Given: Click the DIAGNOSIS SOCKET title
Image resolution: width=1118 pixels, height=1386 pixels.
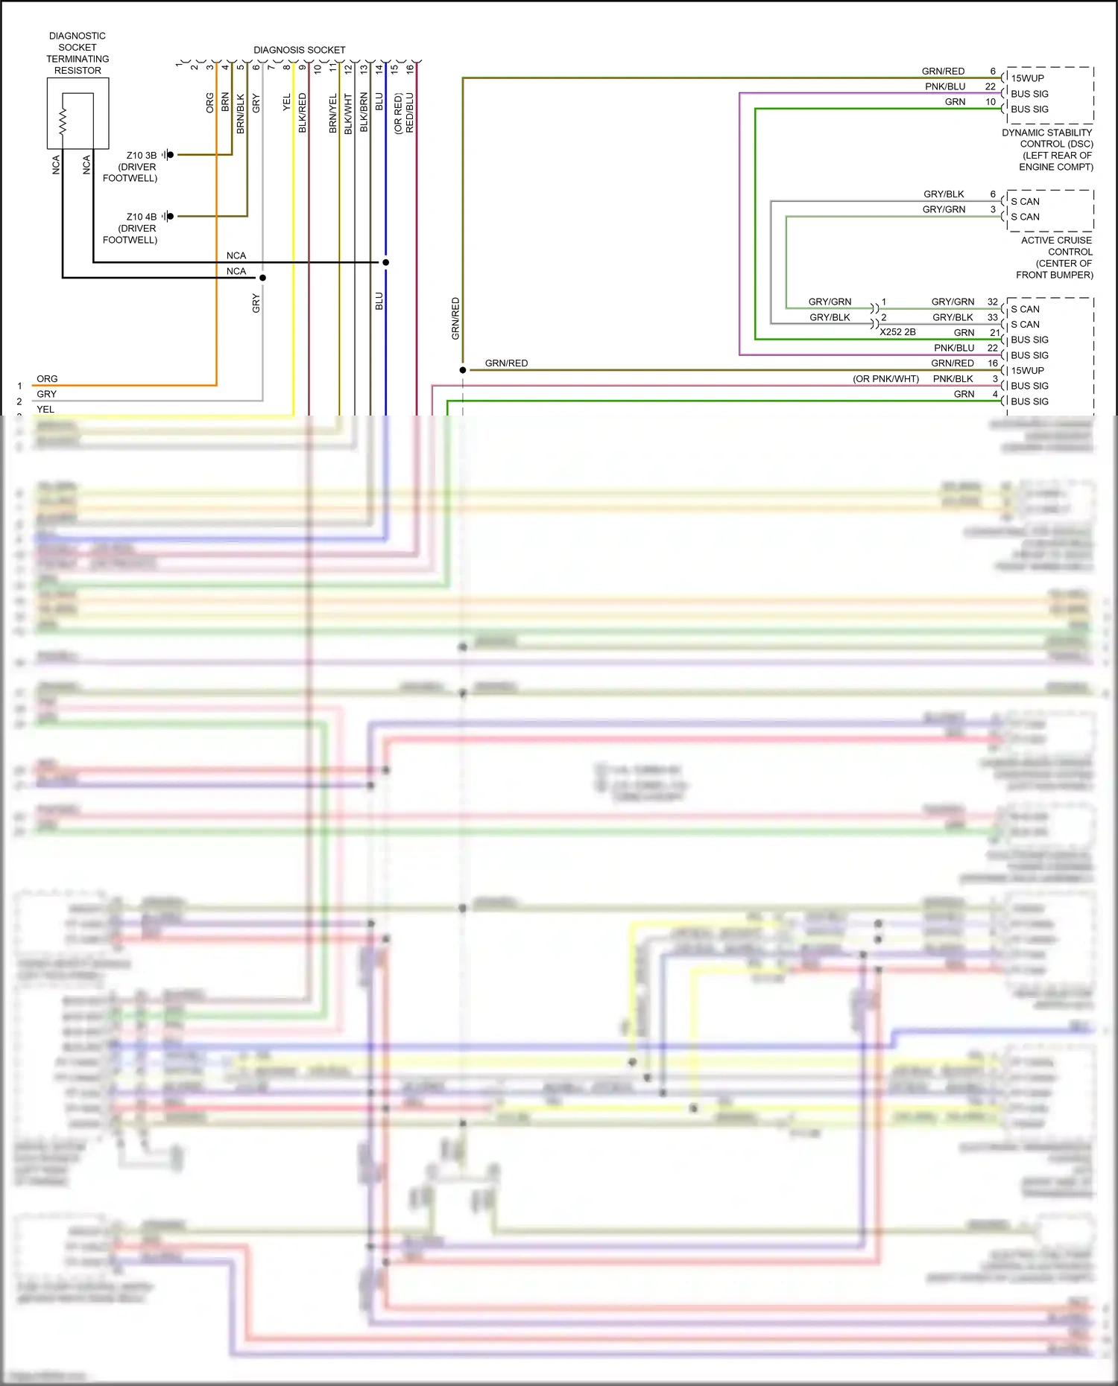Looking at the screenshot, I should (x=299, y=50).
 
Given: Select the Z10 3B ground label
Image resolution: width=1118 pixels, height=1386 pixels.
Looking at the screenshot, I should (x=141, y=155).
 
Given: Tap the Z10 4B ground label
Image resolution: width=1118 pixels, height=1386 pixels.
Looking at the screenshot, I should (x=141, y=217).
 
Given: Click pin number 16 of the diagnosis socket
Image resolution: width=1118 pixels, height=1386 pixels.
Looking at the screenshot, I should (x=410, y=69).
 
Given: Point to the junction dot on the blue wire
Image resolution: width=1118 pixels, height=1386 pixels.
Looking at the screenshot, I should (x=385, y=262).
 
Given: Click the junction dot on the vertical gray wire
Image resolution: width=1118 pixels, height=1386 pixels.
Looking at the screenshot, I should (x=262, y=278).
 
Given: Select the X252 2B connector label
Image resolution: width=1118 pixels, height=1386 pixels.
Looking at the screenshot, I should (x=897, y=332).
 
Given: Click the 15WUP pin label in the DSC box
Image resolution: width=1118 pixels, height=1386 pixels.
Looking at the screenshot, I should (x=1027, y=78).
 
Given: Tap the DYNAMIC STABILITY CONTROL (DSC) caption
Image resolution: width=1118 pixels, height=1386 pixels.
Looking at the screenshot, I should (x=1047, y=149).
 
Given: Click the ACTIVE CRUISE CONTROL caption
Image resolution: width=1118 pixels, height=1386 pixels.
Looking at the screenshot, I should (x=1056, y=257).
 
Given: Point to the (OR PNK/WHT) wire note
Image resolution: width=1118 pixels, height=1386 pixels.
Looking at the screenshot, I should (x=885, y=379).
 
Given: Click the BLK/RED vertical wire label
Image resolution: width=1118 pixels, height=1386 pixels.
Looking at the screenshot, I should (x=302, y=113).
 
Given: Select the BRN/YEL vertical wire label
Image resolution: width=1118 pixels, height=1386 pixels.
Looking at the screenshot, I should (x=333, y=113).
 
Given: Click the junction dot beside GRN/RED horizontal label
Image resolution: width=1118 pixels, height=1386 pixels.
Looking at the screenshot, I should (x=463, y=370).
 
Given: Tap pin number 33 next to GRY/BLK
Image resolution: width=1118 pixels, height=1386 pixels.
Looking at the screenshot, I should (x=992, y=317).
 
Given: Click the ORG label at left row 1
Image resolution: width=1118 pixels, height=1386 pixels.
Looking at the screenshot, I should (x=47, y=379).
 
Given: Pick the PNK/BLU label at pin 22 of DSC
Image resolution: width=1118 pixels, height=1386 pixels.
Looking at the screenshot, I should (x=945, y=86).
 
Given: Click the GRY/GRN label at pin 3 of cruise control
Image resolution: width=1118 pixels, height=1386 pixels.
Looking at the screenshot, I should (x=944, y=209).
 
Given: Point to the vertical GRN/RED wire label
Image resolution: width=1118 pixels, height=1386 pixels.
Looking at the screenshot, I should (x=455, y=319).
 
